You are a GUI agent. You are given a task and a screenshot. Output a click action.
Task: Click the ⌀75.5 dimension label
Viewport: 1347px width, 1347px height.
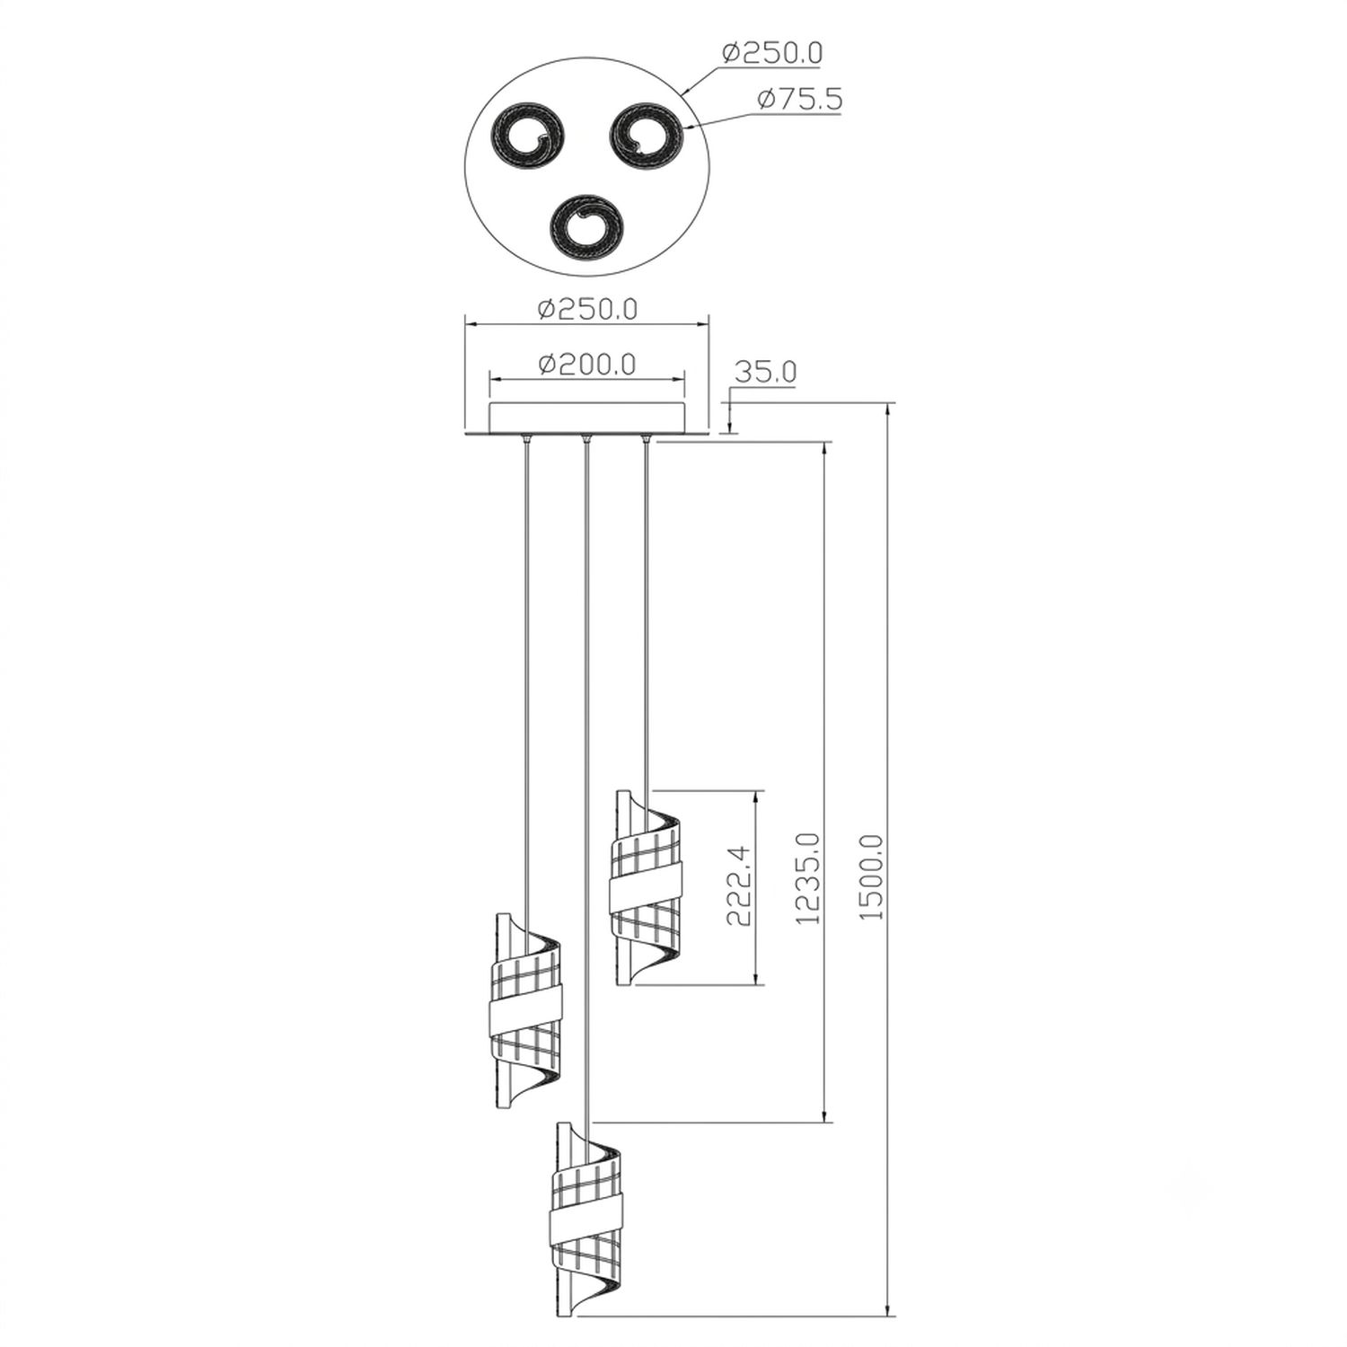[799, 99]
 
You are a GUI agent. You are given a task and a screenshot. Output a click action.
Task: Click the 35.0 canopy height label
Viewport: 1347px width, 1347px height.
[765, 372]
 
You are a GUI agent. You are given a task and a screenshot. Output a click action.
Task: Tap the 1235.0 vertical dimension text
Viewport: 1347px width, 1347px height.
[807, 878]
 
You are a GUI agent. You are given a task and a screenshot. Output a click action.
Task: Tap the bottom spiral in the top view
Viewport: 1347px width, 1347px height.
[587, 226]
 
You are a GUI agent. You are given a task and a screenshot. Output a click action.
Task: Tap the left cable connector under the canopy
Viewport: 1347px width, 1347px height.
[525, 440]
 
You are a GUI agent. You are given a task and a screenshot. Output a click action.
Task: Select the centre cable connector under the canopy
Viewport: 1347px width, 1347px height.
[585, 440]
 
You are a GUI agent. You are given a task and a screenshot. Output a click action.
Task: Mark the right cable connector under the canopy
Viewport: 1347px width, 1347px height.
[645, 440]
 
